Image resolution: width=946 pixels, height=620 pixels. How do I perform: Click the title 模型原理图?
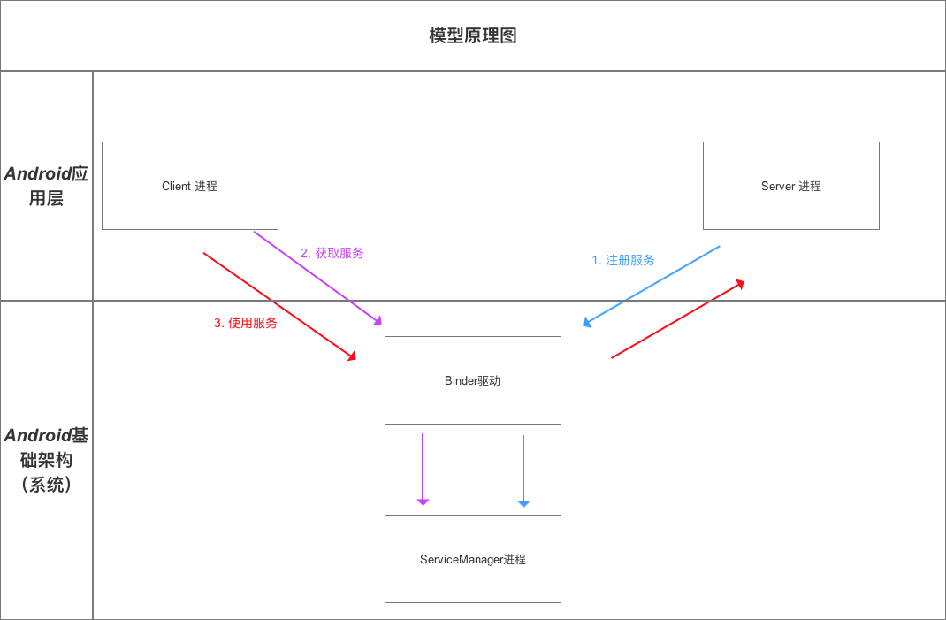(472, 35)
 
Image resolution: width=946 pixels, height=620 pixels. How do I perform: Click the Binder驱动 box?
(473, 402)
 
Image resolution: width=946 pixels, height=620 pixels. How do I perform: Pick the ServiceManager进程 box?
(473, 579)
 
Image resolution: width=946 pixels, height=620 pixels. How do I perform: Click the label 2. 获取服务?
(332, 253)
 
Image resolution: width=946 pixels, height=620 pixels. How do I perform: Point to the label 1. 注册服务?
(623, 260)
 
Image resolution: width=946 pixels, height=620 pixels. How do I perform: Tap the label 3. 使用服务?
(246, 323)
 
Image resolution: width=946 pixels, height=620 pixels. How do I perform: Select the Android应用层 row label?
(46, 186)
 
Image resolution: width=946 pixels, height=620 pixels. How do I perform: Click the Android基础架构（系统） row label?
(46, 460)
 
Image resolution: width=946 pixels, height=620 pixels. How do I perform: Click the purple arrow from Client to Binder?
(317, 277)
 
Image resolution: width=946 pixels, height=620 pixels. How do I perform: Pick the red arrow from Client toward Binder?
(278, 306)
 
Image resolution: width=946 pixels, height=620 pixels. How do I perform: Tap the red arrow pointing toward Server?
(676, 319)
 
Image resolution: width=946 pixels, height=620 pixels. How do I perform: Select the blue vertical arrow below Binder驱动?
(523, 469)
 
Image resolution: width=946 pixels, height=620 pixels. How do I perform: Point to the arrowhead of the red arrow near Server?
(739, 284)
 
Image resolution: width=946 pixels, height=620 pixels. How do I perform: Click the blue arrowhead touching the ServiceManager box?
(523, 503)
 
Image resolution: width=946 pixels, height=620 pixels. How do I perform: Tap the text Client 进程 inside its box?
(189, 186)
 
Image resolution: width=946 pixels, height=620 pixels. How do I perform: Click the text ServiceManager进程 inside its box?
(473, 559)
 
